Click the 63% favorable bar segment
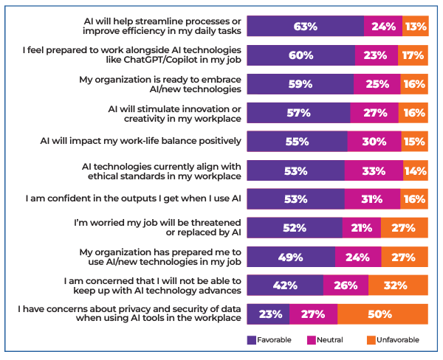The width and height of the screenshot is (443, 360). pyautogui.click(x=305, y=26)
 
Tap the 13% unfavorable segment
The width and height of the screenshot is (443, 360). pyautogui.click(x=416, y=26)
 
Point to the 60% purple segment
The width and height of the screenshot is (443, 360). pyautogui.click(x=301, y=55)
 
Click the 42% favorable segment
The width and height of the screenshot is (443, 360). pyautogui.click(x=285, y=285)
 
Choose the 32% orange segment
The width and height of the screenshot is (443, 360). pyautogui.click(x=398, y=285)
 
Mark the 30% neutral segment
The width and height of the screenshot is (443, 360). pyautogui.click(x=374, y=141)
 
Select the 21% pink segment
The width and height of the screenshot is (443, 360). pyautogui.click(x=362, y=227)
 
